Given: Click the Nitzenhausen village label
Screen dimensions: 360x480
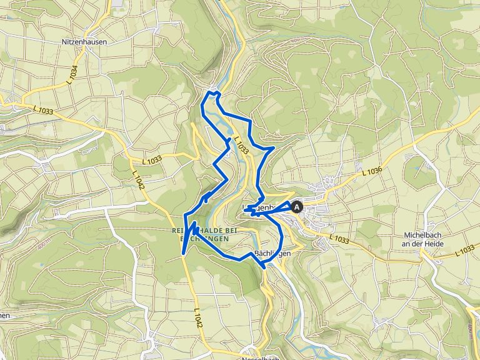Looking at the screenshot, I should click(84, 42).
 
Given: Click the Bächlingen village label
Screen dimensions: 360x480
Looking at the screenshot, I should click(273, 253).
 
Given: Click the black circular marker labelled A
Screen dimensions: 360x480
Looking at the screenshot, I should click(297, 206).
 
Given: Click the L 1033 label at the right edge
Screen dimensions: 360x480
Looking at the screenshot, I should click(465, 252).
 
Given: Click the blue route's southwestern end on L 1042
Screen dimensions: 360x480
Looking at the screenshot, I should click(182, 253).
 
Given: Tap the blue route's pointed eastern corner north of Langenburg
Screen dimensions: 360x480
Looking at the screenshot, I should click(274, 148).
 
